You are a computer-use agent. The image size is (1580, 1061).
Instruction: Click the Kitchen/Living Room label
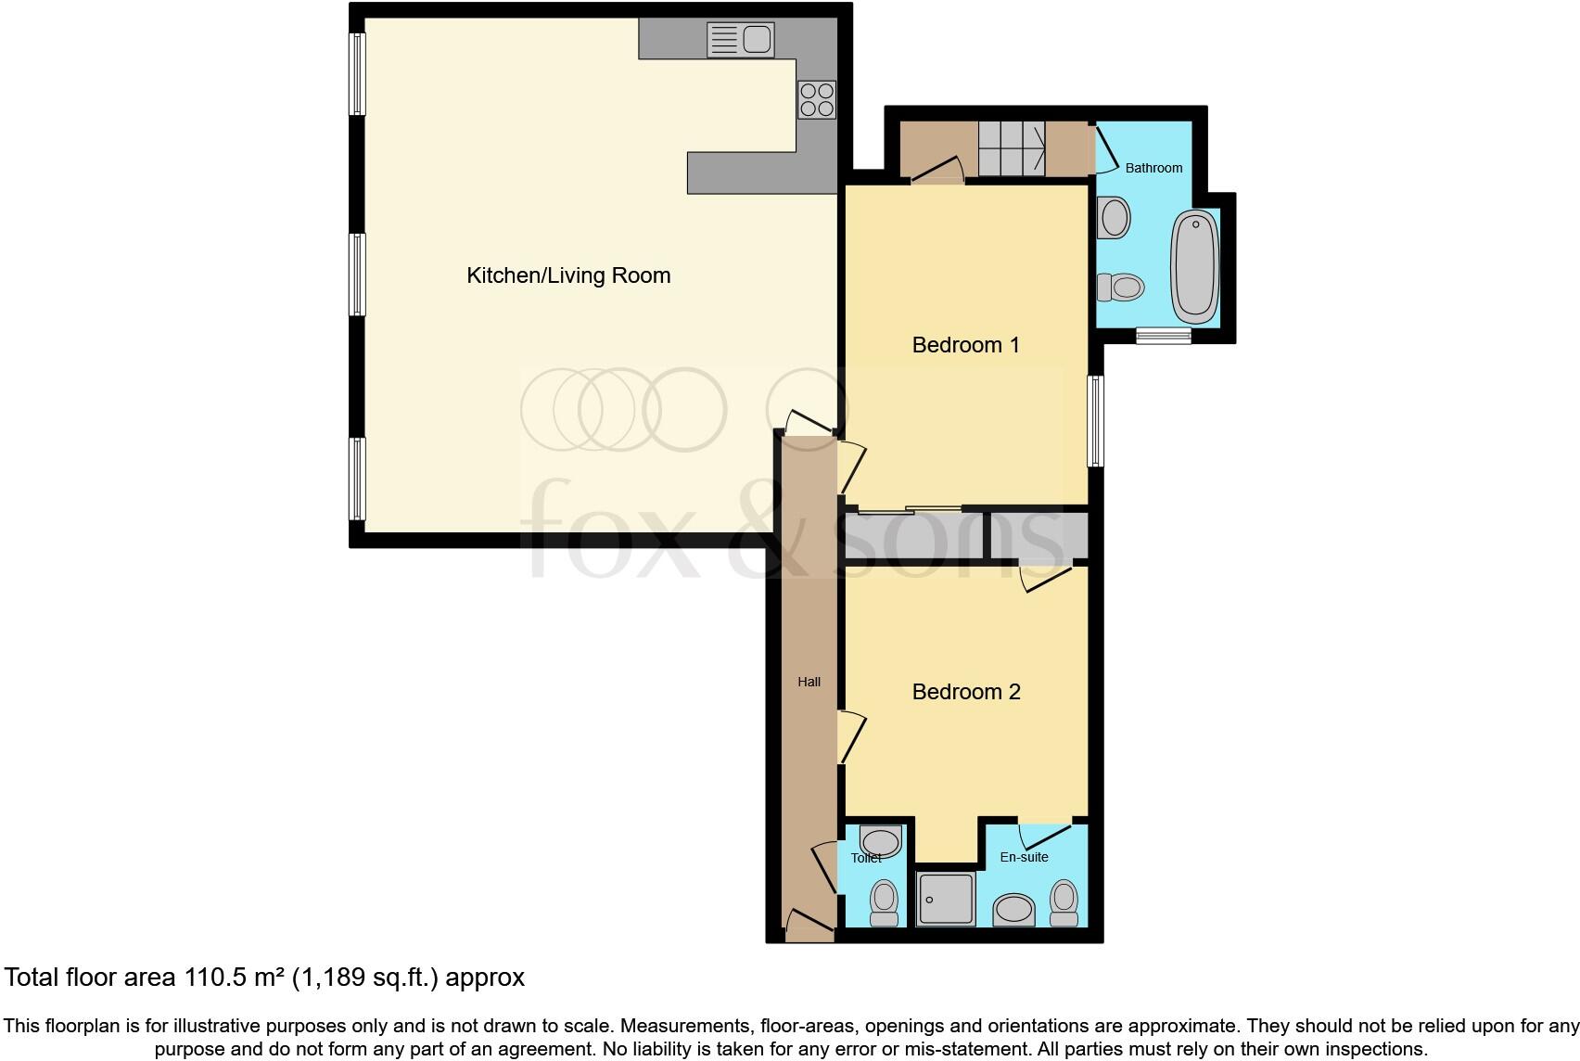[567, 275]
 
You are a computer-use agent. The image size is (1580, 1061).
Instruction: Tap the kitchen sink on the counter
[740, 40]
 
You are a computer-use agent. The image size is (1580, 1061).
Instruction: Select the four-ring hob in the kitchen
[817, 99]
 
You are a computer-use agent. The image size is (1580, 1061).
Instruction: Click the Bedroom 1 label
[965, 345]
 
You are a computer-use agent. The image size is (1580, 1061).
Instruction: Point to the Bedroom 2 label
[965, 692]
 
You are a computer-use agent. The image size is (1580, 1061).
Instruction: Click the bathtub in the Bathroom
[1195, 264]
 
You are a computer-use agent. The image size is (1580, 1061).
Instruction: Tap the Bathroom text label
[1153, 168]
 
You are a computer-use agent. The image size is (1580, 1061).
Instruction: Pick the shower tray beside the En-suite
[946, 899]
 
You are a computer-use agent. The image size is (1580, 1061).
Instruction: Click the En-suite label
[1024, 857]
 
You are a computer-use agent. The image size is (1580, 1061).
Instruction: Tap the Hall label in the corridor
[809, 682]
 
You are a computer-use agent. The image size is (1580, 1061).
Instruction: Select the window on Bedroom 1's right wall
[1096, 420]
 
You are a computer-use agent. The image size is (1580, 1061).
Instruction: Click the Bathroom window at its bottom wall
[1163, 336]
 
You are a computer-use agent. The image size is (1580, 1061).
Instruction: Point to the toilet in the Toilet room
[885, 902]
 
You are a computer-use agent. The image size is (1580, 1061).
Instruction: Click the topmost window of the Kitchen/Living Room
[357, 74]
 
